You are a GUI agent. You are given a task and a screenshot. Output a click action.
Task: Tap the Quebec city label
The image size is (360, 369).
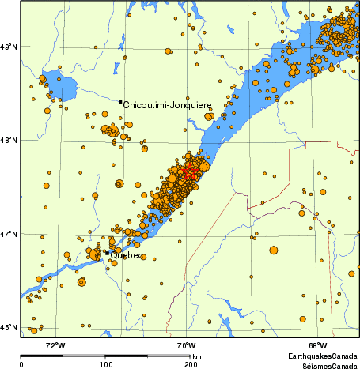click(127, 255)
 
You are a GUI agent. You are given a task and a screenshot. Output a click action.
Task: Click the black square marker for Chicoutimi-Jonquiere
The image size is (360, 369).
click(120, 102)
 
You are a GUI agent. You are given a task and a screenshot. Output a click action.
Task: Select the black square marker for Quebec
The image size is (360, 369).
click(108, 253)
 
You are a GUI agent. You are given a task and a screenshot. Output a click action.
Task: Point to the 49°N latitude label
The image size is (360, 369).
click(9, 47)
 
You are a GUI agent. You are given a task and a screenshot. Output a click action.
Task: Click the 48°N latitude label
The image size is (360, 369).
click(9, 141)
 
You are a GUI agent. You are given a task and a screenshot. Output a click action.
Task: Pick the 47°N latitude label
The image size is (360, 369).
click(9, 234)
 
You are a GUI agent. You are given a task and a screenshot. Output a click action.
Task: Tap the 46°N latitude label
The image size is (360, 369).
click(9, 327)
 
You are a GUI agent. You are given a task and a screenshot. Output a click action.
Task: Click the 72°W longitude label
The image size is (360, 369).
click(55, 345)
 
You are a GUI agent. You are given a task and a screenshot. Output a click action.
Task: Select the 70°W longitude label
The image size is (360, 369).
click(187, 345)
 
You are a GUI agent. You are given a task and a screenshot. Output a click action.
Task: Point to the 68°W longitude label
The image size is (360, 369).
click(318, 345)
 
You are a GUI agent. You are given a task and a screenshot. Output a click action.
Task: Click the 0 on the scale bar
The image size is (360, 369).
click(21, 364)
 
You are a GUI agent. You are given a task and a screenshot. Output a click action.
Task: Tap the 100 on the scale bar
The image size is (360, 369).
click(105, 364)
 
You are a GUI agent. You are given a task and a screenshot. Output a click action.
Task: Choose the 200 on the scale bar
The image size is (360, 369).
click(190, 364)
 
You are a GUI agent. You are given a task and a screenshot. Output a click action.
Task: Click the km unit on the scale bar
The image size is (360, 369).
click(196, 356)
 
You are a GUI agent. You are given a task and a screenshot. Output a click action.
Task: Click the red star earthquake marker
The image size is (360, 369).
click(188, 171)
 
